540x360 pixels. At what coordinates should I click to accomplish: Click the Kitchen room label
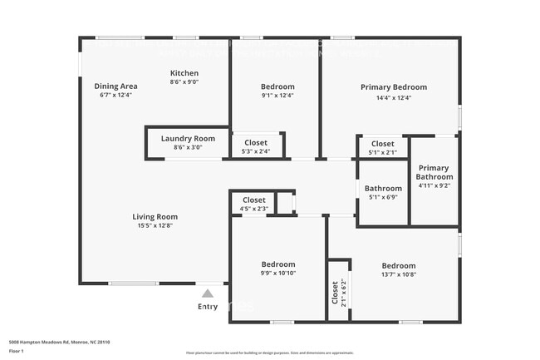pos(184,73)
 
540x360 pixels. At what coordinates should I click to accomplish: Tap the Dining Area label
pos(115,86)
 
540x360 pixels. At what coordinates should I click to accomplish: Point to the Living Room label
pos(155,217)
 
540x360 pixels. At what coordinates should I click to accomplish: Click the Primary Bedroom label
pos(393,87)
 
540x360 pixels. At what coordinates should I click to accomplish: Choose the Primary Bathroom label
pos(434,171)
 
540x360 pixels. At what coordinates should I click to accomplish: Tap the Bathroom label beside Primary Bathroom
pos(383,188)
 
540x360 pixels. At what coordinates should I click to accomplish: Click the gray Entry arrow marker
pos(207,293)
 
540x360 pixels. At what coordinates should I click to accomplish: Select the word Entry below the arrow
pos(207,307)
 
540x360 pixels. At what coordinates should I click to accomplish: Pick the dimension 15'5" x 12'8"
pos(155,227)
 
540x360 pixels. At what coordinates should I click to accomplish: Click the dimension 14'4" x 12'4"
pos(393,98)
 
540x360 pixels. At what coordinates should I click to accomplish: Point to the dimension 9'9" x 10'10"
pos(277,274)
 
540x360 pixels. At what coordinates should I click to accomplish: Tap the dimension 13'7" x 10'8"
pos(399,274)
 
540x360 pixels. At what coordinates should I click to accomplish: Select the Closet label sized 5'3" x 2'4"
pos(256,142)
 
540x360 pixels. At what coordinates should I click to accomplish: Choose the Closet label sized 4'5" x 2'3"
pos(254,200)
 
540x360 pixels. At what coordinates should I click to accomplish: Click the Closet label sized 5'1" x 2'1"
pos(383,143)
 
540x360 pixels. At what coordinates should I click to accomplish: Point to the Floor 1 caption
pos(17,351)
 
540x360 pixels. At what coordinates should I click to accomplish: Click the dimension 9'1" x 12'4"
pos(277,96)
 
